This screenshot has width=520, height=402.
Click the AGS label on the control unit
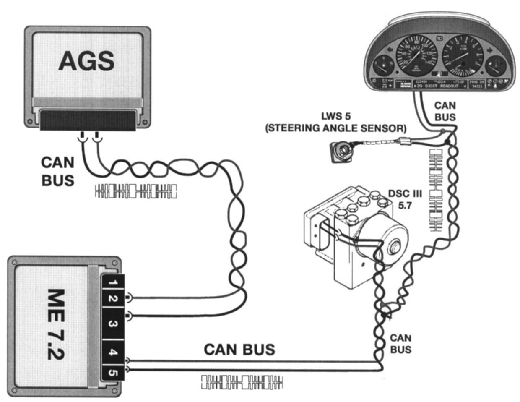[x=86, y=60]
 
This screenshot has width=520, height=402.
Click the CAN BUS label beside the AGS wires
[x=57, y=171]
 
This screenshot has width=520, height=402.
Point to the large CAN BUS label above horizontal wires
[x=239, y=349]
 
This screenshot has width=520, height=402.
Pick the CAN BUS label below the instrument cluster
[x=445, y=111]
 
